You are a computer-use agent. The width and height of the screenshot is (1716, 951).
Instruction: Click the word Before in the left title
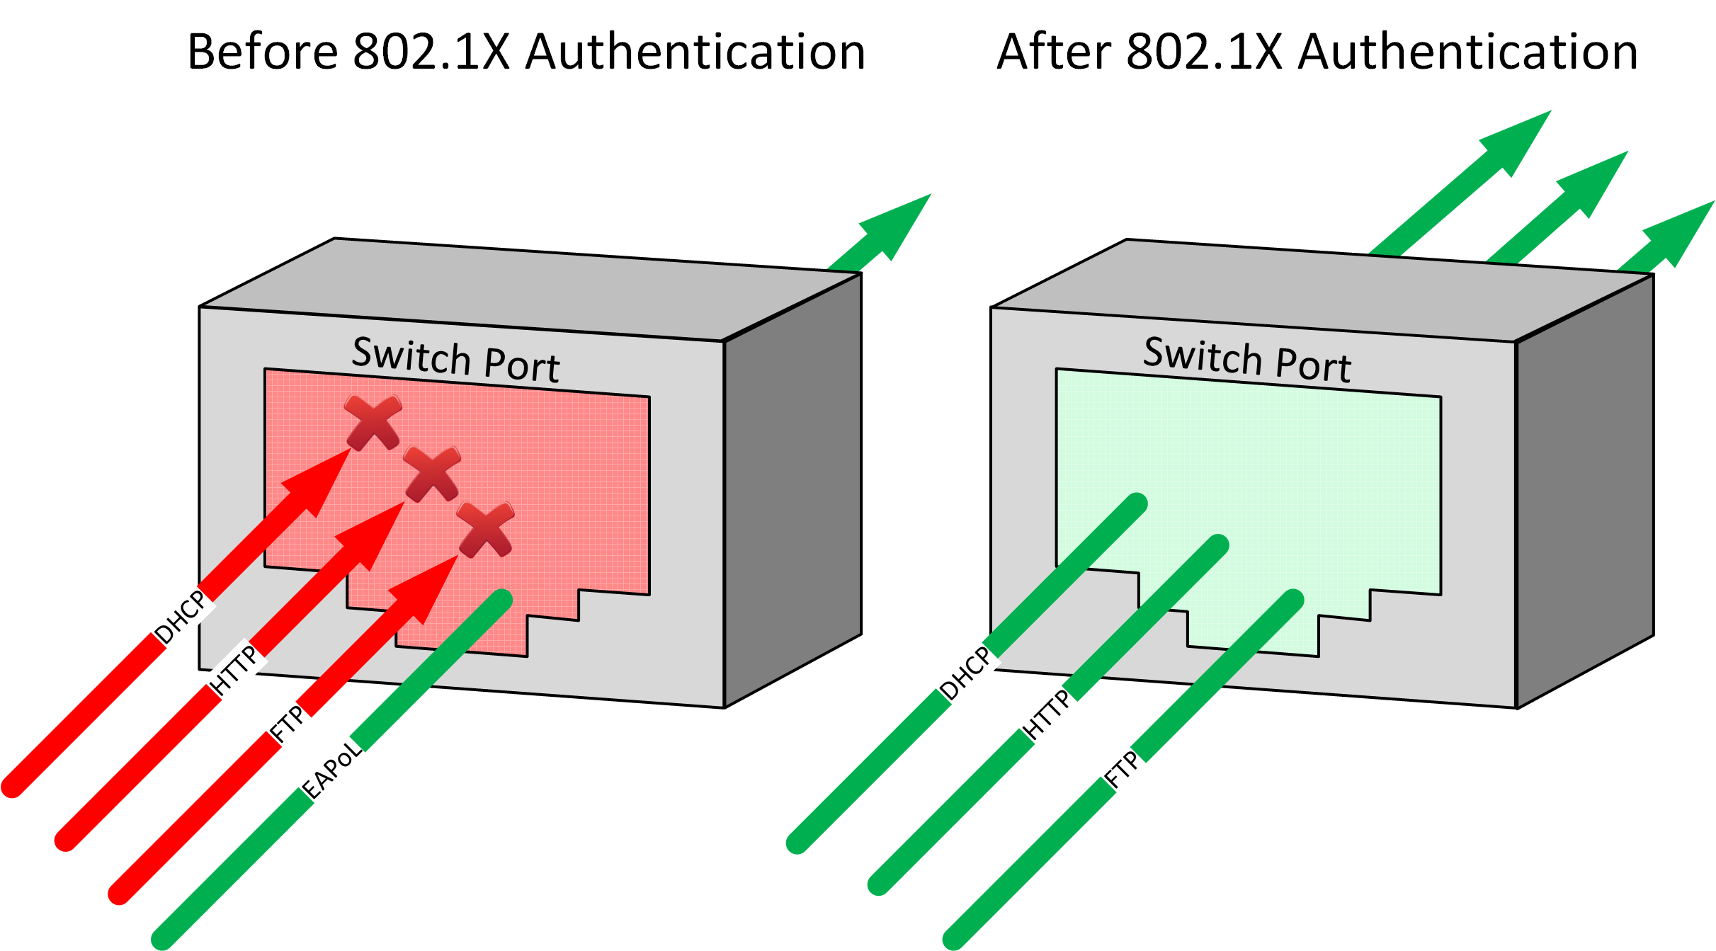pyautogui.click(x=262, y=52)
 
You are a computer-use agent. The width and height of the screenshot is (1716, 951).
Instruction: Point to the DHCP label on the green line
pyautogui.click(x=965, y=673)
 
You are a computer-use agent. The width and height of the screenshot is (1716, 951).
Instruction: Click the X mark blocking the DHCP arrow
pyautogui.click(x=373, y=423)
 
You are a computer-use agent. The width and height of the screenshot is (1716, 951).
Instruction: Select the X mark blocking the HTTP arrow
pyautogui.click(x=432, y=474)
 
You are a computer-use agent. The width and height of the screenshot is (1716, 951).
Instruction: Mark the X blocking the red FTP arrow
pyautogui.click(x=485, y=530)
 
